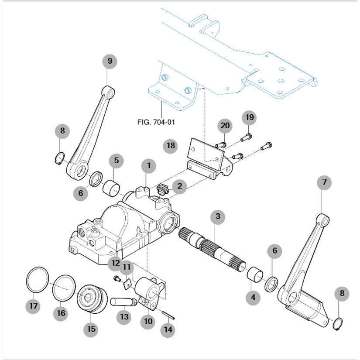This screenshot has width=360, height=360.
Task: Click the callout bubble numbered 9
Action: pos(110,61)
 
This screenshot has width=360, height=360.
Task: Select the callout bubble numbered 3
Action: pos(218,216)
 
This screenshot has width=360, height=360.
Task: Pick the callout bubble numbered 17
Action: pos(34,306)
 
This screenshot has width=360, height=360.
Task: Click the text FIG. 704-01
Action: pos(156,122)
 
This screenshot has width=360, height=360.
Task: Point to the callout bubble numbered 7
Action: pos(324,183)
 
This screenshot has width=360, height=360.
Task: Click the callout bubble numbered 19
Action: pos(249,118)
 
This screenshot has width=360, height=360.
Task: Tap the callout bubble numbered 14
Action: pos(168,330)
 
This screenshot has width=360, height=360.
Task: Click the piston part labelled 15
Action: pos(92,300)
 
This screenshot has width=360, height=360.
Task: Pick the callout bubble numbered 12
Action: pos(116,263)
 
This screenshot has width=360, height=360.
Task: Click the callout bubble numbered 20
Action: pos(225,126)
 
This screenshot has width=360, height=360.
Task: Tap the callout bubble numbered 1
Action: pos(149,165)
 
